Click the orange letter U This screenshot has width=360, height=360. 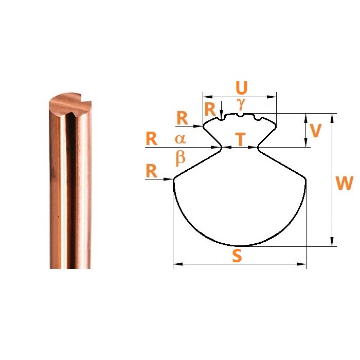[x=242, y=88]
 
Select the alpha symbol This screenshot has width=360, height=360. [x=180, y=139]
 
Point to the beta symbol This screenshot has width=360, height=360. [x=181, y=158]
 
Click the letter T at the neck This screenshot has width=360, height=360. [x=240, y=139]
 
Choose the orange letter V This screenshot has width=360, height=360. [x=315, y=131]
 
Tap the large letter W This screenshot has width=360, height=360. [x=344, y=183]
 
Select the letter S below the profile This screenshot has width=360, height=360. [x=237, y=256]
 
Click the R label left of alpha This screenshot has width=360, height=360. [x=151, y=139]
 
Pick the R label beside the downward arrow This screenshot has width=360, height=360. [x=210, y=109]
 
